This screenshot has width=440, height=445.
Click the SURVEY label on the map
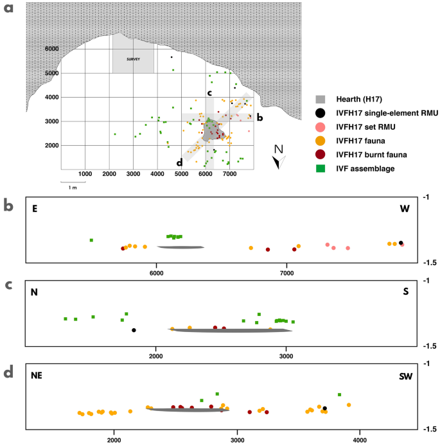(x=133, y=59)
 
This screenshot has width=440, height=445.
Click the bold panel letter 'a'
(x=8, y=8)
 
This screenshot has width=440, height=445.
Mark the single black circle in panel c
(x=134, y=330)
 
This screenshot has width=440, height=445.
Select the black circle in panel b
(x=401, y=243)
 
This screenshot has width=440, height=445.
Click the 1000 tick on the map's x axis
(x=85, y=173)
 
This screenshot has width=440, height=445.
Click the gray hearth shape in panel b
(x=181, y=247)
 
